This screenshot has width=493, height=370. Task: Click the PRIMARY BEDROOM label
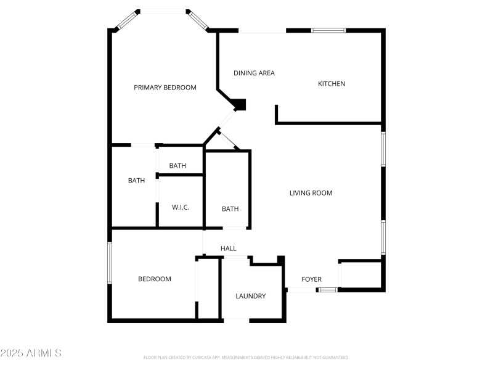[x=165, y=88]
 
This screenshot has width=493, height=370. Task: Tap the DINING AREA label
[x=254, y=73]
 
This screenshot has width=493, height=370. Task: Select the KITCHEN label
[x=332, y=84]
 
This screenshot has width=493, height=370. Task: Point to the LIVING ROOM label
[x=311, y=193]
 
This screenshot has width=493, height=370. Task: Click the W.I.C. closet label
[x=181, y=207]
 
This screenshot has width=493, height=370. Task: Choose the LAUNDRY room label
[x=251, y=296]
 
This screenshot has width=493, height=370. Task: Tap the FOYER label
[x=311, y=279]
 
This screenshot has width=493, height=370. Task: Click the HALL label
[x=229, y=249]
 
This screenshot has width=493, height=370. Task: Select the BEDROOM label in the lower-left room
[x=154, y=279]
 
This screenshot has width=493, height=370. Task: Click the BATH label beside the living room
[x=230, y=209]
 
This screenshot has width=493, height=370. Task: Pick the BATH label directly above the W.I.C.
[x=177, y=166]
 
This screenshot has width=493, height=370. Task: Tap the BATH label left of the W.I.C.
[x=137, y=181]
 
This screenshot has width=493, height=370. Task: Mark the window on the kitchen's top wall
[x=328, y=30]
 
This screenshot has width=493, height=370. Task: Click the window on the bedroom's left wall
[x=110, y=263]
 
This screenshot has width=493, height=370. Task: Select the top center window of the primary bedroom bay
[x=163, y=10]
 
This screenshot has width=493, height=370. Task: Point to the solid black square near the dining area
[x=240, y=105]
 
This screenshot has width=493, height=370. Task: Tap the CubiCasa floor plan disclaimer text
[x=246, y=357]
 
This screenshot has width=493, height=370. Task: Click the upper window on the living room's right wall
[x=383, y=149]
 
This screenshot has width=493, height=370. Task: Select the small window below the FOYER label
[x=328, y=289]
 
